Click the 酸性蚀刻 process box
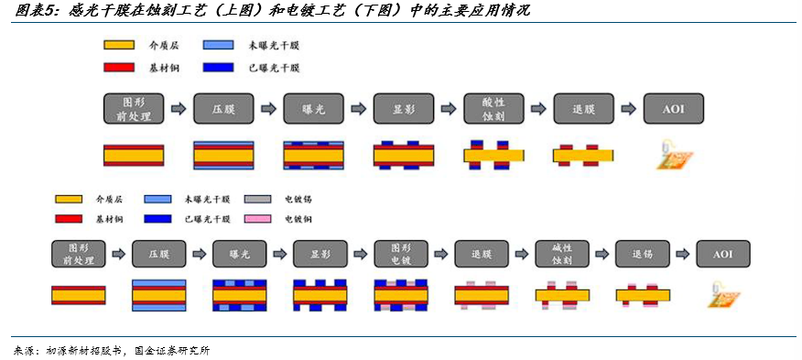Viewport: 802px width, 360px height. click(494, 109)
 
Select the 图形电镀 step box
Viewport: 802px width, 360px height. click(401, 254)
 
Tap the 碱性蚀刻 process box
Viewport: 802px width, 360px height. click(562, 254)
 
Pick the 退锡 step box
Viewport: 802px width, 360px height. click(643, 254)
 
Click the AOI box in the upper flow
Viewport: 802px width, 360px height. click(674, 109)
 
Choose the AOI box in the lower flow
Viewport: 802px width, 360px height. click(722, 254)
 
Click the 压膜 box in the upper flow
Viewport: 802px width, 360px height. click(224, 109)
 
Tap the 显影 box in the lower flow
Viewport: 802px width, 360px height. click(320, 254)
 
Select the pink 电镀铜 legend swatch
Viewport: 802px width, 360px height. click(260, 219)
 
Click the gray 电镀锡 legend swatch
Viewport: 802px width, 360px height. click(260, 199)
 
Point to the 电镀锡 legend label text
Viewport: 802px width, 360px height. click(298, 199)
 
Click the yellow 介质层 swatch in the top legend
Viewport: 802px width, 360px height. click(119, 45)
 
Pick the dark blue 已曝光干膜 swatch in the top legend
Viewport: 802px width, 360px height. click(219, 67)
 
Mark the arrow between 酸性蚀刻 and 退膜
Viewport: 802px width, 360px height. click(539, 109)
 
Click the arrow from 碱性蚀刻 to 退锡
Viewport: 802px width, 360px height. click(602, 254)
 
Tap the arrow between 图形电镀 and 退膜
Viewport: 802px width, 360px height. click(441, 254)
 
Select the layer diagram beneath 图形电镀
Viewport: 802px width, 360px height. click(401, 296)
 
